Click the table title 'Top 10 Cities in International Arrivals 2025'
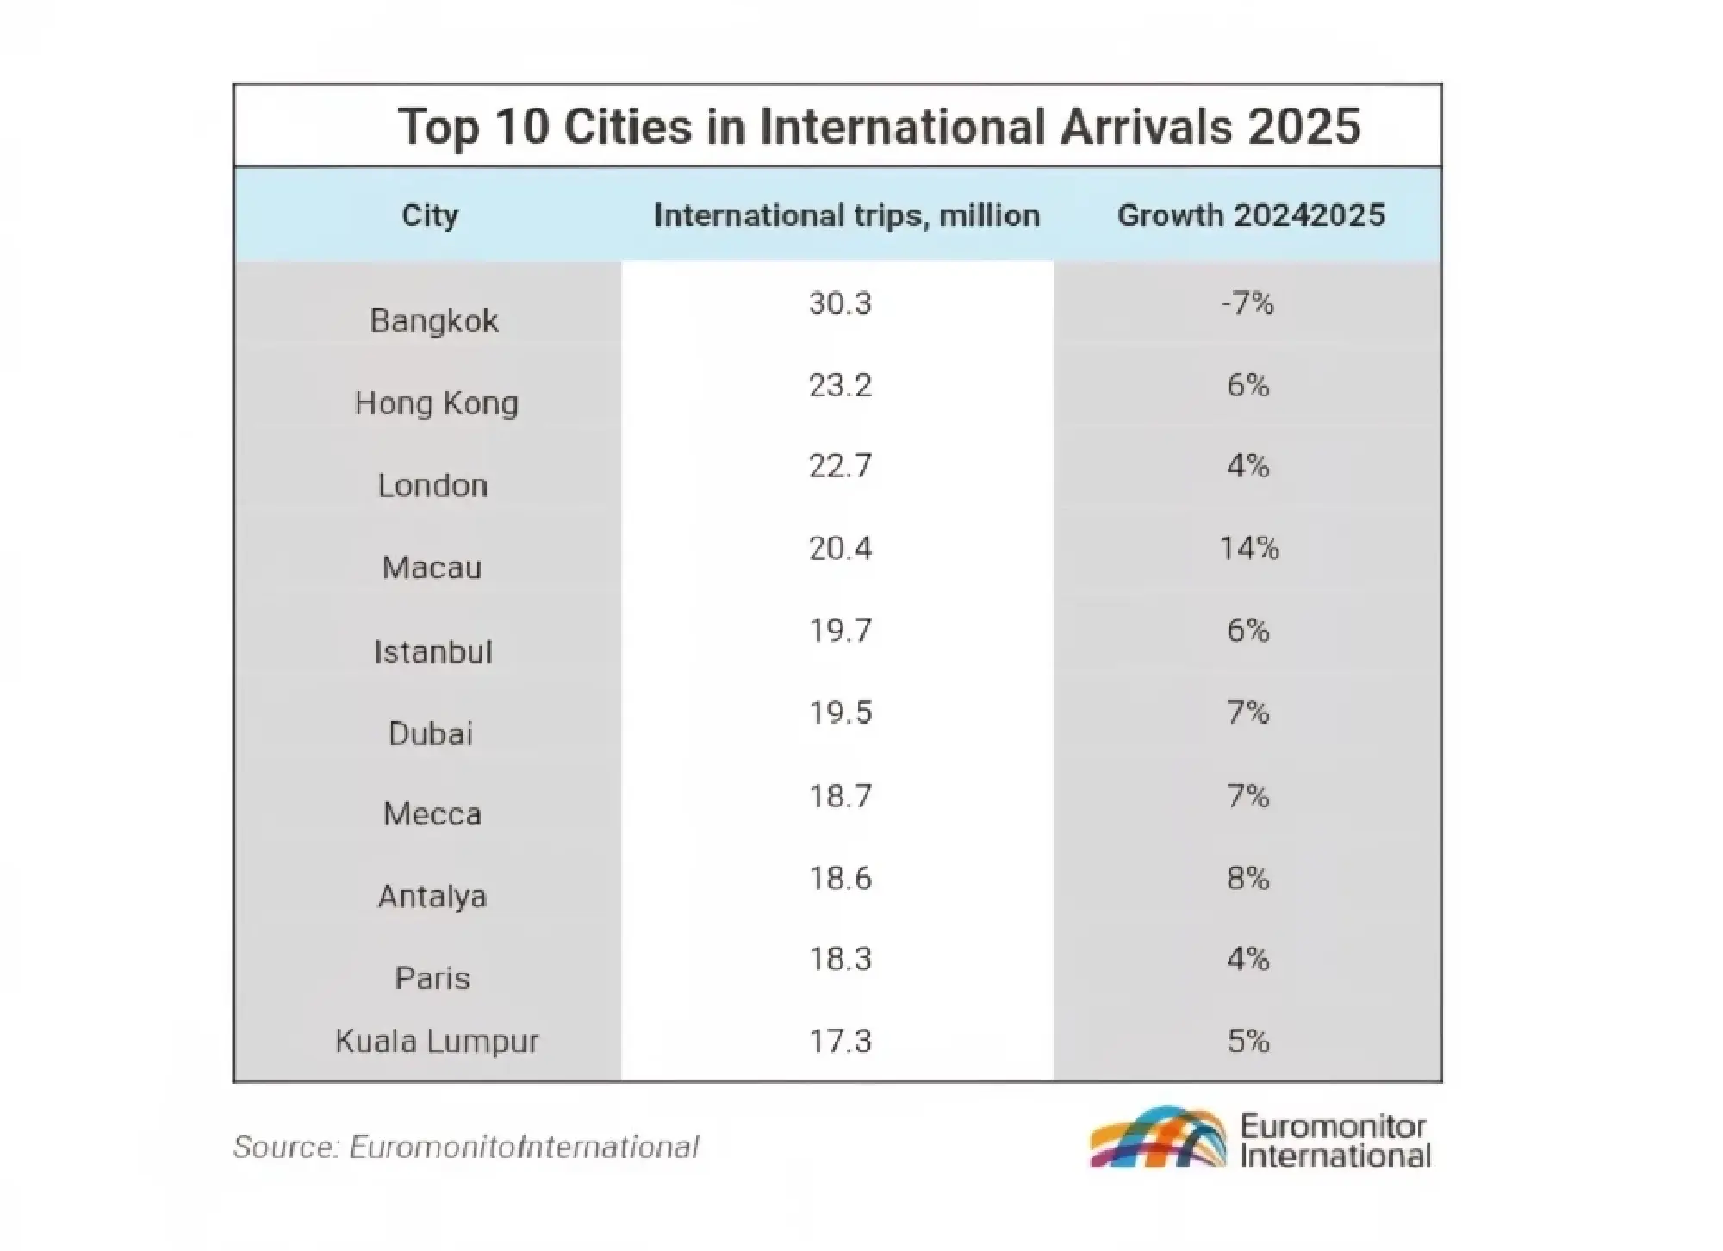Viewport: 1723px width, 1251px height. pos(879,127)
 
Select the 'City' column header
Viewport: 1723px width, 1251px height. pos(430,215)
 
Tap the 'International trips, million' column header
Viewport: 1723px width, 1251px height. pos(847,215)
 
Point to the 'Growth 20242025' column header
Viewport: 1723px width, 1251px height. pos(1251,215)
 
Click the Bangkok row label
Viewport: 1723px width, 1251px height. pos(434,321)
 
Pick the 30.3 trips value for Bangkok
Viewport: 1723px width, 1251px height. pos(840,303)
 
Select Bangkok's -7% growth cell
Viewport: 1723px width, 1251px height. pos(1247,303)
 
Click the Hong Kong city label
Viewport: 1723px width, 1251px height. pos(437,403)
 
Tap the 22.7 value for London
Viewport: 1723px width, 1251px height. pos(840,466)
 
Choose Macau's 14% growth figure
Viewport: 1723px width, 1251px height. pos(1249,548)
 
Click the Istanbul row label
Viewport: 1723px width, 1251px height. pos(433,651)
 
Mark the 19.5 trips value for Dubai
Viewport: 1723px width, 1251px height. pos(840,713)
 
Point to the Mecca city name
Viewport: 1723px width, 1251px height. pos(432,814)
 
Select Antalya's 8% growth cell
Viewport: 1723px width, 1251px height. pos(1248,878)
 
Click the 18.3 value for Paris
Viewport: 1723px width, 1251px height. pos(840,959)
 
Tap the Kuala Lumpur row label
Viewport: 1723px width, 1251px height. pos(437,1041)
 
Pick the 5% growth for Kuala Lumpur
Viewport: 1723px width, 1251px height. pos(1248,1041)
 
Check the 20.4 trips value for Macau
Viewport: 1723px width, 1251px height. pos(840,548)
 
